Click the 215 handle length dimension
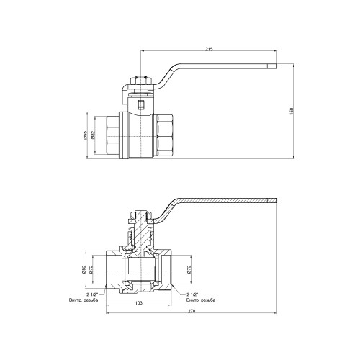pyautogui.click(x=209, y=49)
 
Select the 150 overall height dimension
pyautogui.click(x=292, y=111)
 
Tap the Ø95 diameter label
pyautogui.click(x=85, y=135)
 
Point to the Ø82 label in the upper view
pyautogui.click(x=94, y=135)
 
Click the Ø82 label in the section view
pyautogui.click(x=84, y=269)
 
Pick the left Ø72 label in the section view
pyautogui.click(x=91, y=269)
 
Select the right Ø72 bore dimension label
pyautogui.click(x=189, y=269)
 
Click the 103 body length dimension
pyautogui.click(x=139, y=303)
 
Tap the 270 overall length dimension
pyautogui.click(x=192, y=311)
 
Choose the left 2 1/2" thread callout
pyautogui.click(x=92, y=294)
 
